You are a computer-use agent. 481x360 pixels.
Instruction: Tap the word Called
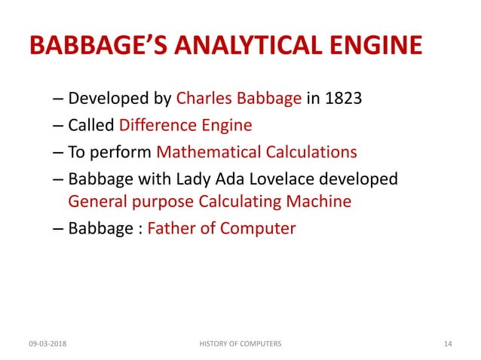point(90,125)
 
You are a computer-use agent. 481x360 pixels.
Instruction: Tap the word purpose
point(163,202)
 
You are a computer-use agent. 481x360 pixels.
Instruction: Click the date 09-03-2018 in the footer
point(47,344)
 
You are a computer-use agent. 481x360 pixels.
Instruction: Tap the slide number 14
point(447,344)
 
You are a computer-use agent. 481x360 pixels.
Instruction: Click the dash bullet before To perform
point(59,153)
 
